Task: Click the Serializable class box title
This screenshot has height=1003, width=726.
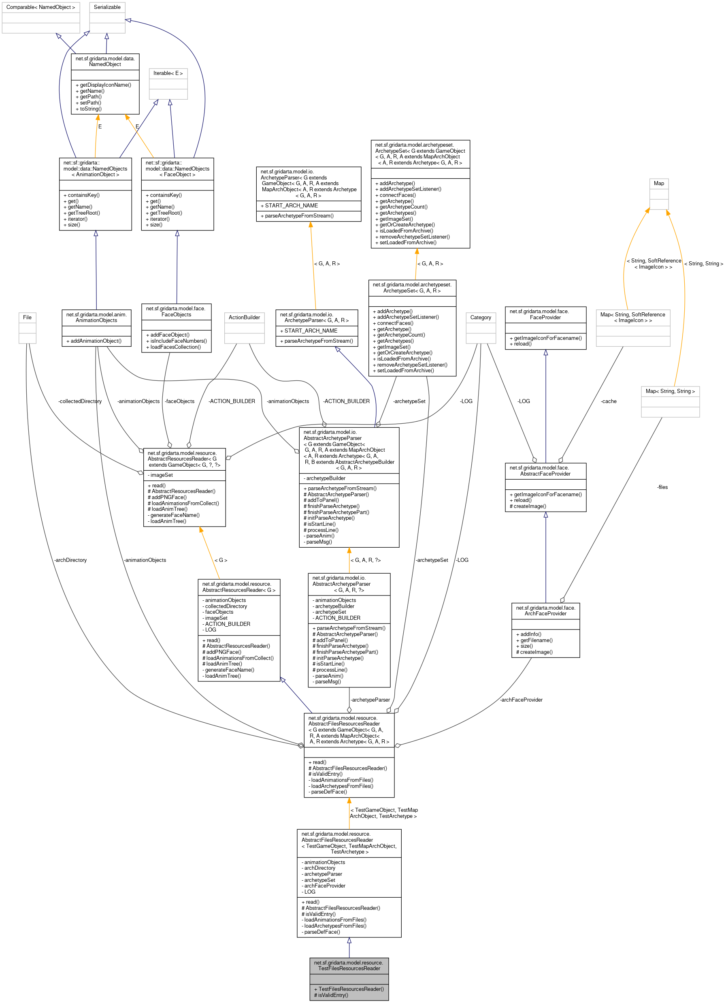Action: coord(107,7)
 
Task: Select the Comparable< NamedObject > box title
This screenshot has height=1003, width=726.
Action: coord(40,7)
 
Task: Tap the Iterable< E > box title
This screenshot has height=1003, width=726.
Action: coord(168,73)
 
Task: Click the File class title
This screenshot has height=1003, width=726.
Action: coord(27,317)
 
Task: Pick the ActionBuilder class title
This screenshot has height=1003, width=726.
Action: coord(244,317)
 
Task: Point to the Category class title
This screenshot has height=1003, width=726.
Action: coord(481,317)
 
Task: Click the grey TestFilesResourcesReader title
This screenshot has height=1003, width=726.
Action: coord(349,965)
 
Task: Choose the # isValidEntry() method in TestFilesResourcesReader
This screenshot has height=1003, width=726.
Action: coord(331,995)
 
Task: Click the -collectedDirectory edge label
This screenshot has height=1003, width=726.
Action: coord(80,401)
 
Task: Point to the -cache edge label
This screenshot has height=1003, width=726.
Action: coord(609,401)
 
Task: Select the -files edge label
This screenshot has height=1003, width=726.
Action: coord(662,487)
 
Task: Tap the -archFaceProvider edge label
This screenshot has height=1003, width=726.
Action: coord(521,700)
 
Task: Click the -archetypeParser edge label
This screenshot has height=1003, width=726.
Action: coord(370,700)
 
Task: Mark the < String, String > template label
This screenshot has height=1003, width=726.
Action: coord(703,264)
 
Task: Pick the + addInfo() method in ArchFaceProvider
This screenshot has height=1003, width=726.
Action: coord(528,634)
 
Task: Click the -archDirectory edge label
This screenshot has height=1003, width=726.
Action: coord(70,560)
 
